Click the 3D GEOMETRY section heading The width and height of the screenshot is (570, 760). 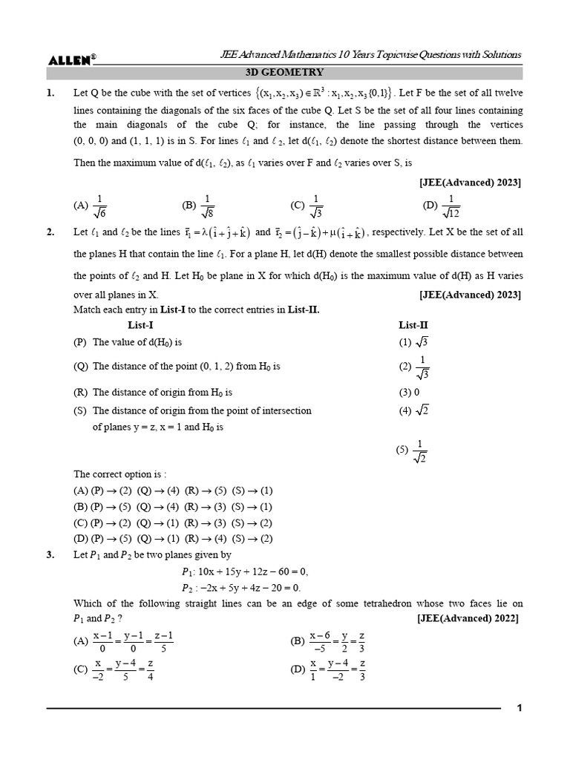pyautogui.click(x=284, y=73)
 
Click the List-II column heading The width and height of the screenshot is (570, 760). pyautogui.click(x=413, y=324)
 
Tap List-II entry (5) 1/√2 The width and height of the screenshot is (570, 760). pyautogui.click(x=413, y=451)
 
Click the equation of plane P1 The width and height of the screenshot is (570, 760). pyautogui.click(x=244, y=571)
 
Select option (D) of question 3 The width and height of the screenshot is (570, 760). pyautogui.click(x=327, y=670)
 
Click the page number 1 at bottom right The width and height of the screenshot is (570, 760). pyautogui.click(x=520, y=708)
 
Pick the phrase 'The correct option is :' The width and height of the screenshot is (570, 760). pyautogui.click(x=119, y=474)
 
